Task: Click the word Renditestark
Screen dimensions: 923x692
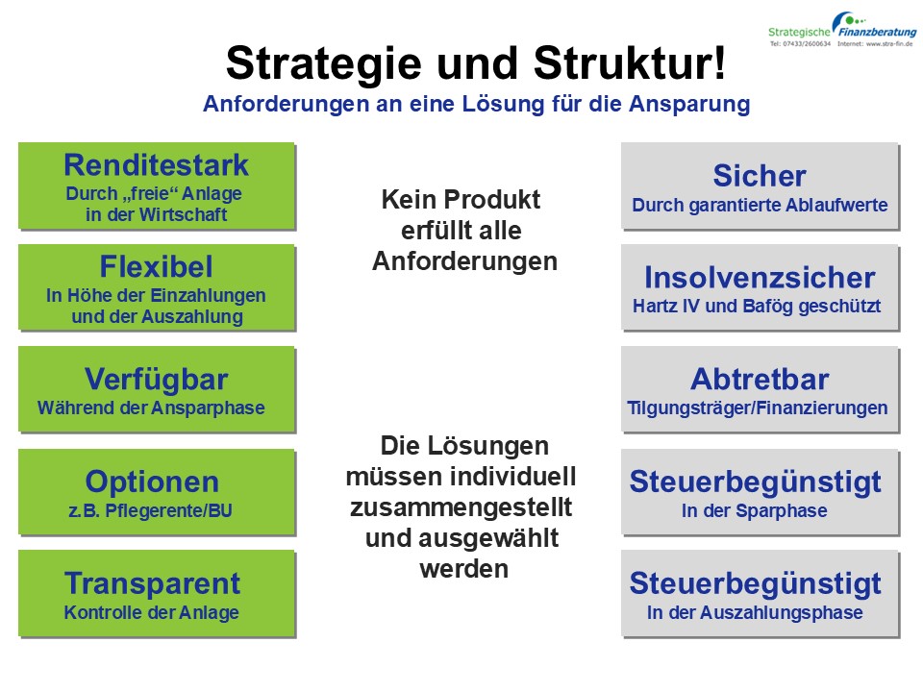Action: (x=156, y=165)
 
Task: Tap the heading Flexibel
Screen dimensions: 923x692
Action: (x=156, y=266)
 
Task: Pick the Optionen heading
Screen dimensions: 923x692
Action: (x=152, y=482)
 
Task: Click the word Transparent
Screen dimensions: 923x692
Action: (x=153, y=583)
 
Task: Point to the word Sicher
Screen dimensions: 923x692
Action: (x=760, y=176)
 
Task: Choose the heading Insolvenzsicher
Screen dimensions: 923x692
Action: (x=760, y=278)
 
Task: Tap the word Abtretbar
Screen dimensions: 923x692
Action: (x=760, y=380)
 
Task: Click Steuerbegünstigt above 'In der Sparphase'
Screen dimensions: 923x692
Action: (x=756, y=482)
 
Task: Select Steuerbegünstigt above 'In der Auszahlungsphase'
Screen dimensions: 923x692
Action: (x=756, y=584)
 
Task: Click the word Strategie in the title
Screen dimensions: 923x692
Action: (x=324, y=64)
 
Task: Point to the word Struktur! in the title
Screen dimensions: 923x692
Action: (x=630, y=63)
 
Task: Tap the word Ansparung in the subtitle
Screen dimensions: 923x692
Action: (x=689, y=104)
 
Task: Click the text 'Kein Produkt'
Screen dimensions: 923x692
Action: (x=461, y=200)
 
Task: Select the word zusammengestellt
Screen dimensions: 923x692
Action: (x=461, y=508)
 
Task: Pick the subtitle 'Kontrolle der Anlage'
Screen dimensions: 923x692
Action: (x=152, y=612)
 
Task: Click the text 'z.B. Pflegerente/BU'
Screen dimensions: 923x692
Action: (x=151, y=510)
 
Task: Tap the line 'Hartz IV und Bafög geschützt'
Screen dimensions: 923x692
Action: (x=757, y=307)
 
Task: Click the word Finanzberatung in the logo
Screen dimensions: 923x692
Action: (x=878, y=33)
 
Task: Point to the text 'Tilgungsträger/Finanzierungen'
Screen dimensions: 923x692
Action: (x=758, y=408)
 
